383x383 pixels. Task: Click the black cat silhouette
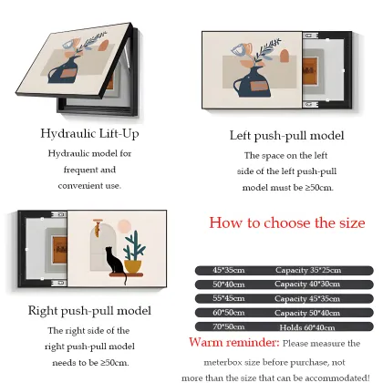point(115,262)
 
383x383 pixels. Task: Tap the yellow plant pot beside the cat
point(133,266)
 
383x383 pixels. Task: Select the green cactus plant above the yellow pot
point(134,245)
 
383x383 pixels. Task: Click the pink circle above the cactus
point(124,226)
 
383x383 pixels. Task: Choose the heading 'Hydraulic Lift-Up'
point(89,134)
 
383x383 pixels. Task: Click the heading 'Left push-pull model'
point(286,136)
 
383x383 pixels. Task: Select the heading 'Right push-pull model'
point(89,311)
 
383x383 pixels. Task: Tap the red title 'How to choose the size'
point(287,223)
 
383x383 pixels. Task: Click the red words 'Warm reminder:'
point(233,343)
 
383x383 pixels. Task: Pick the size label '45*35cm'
point(229,270)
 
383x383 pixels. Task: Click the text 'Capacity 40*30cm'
point(307,285)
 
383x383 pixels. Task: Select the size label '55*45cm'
point(229,298)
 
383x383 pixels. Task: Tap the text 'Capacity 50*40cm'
point(307,313)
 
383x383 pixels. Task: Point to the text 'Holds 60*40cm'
point(307,327)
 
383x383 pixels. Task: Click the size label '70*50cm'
point(229,327)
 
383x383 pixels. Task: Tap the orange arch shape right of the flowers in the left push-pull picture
point(285,56)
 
